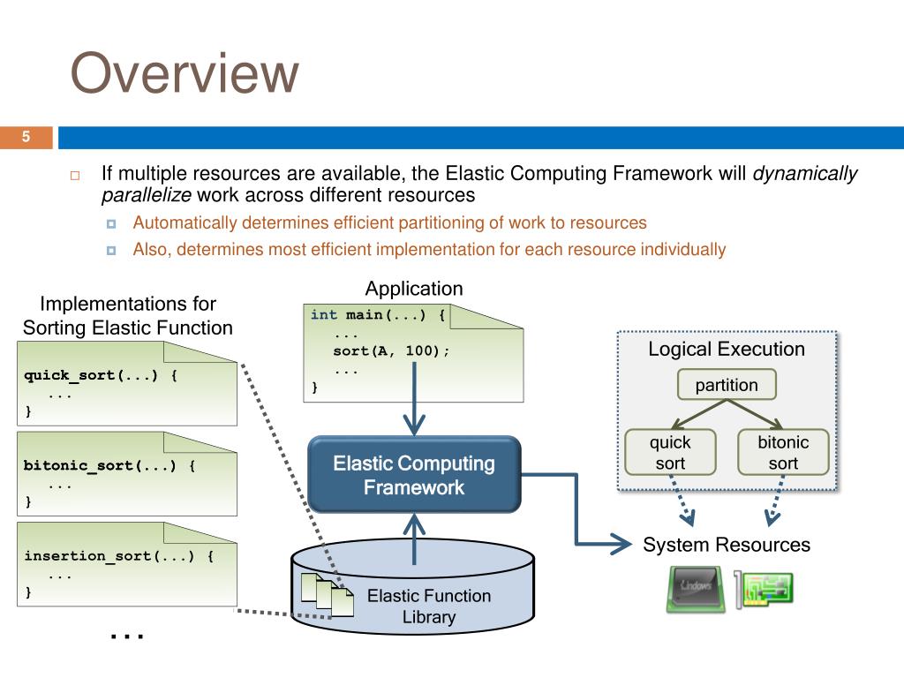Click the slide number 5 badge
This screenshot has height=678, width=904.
pyautogui.click(x=26, y=137)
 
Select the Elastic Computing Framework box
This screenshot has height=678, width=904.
pyautogui.click(x=414, y=475)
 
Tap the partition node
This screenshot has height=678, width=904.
pyautogui.click(x=726, y=385)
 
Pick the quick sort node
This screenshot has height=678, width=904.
pyautogui.click(x=669, y=452)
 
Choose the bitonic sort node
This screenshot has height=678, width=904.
pyautogui.click(x=783, y=452)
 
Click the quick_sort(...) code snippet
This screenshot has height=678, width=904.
pyautogui.click(x=101, y=375)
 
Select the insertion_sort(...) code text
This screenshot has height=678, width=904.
pyautogui.click(x=118, y=556)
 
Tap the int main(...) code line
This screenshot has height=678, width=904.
pyautogui.click(x=379, y=314)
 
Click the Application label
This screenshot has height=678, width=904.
pyautogui.click(x=414, y=289)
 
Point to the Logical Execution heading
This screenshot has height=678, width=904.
pyautogui.click(x=726, y=349)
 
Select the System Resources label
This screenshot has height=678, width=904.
pyautogui.click(x=726, y=545)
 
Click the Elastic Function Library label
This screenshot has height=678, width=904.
pyautogui.click(x=428, y=606)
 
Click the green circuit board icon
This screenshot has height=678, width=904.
pyautogui.click(x=767, y=589)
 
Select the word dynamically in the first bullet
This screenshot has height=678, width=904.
pyautogui.click(x=804, y=173)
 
